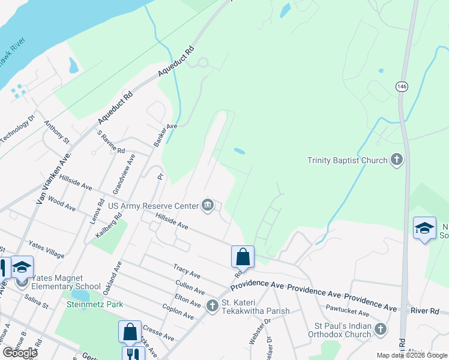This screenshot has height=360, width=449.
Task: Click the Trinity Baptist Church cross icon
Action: tap(396, 160)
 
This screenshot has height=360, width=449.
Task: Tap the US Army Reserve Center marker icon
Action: tap(208, 206)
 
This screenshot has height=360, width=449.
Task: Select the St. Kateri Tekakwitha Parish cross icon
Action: tap(212, 306)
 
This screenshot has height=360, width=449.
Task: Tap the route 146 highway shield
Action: tap(401, 86)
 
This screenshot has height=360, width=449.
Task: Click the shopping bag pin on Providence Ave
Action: tap(243, 257)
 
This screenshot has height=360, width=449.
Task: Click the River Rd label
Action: tap(426, 311)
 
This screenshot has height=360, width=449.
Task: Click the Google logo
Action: tap(20, 352)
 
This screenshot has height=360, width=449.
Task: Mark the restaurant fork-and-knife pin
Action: tap(133, 355)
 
